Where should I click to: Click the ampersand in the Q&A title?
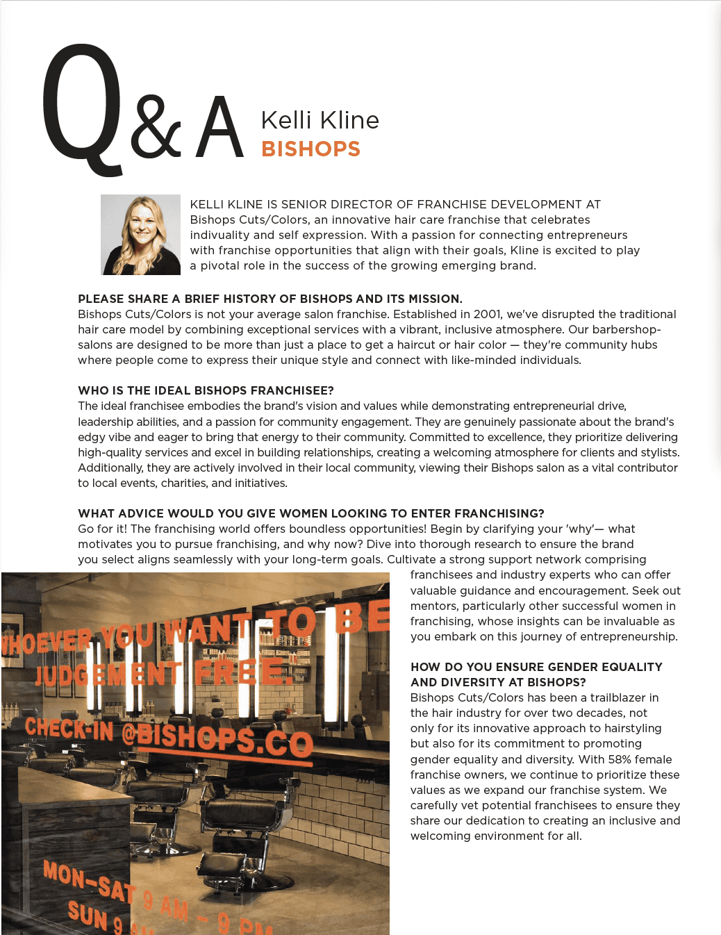[x=156, y=126]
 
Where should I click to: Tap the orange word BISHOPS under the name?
[x=310, y=149]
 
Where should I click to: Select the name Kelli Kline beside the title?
[x=320, y=120]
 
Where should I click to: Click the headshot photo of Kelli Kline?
[x=140, y=235]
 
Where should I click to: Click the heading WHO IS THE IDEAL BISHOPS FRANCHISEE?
[x=206, y=390]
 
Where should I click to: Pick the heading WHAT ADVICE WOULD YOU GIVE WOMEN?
[x=310, y=513]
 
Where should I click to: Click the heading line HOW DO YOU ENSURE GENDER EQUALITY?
[x=536, y=667]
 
